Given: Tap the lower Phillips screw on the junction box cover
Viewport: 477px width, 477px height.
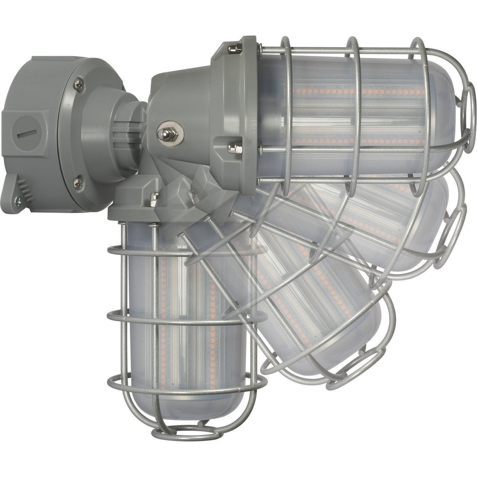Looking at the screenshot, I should tap(77, 183).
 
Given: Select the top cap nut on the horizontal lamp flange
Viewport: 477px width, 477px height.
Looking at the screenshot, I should tap(235, 49).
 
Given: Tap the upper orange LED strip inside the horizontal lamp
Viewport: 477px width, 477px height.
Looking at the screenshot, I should tap(350, 92).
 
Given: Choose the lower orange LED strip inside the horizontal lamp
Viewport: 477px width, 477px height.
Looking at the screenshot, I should tap(350, 140).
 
